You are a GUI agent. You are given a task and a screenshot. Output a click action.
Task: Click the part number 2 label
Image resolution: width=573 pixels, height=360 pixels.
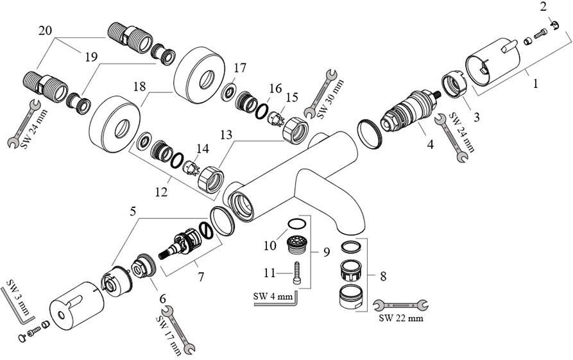543,7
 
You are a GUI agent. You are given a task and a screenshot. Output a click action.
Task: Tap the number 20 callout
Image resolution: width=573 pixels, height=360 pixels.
45,30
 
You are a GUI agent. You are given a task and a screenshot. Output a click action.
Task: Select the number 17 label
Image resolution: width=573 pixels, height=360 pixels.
239,68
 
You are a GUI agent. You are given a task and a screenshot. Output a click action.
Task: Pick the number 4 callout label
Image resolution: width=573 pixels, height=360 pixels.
431,144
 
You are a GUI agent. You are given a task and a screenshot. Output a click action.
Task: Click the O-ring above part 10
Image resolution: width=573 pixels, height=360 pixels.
295,223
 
